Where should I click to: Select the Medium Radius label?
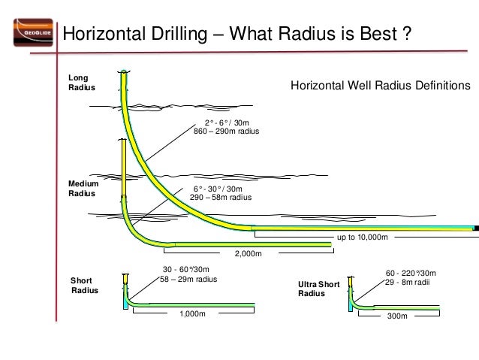tap(83, 187)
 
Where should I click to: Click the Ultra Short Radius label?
tap(318, 289)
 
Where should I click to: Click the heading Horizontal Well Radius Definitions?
tap(380, 86)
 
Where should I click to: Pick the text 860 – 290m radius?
tap(226, 132)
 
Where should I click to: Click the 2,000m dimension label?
tap(248, 253)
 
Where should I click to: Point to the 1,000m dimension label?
tap(192, 314)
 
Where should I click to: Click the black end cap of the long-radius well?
tap(476, 227)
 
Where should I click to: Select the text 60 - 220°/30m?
tap(411, 272)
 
